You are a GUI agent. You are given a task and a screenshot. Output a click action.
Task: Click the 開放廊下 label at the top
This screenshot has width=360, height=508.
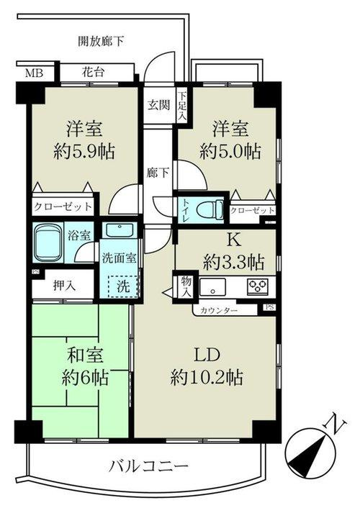[100, 41]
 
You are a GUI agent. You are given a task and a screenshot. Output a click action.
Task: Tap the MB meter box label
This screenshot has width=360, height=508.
[33, 73]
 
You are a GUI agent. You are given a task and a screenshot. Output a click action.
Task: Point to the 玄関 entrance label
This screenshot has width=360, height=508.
[159, 105]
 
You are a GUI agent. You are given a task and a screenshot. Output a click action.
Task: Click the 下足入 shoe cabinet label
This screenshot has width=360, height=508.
[183, 105]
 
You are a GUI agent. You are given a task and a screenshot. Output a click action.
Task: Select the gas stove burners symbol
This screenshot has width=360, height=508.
[257, 286]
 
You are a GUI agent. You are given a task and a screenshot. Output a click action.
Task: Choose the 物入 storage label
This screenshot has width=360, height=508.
[186, 286]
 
